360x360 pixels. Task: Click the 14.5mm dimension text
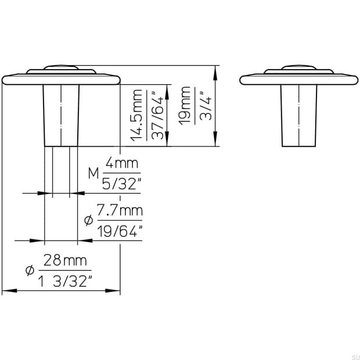click(137, 116)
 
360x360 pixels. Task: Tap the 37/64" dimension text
click(156, 116)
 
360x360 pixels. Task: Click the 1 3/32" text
click(66, 282)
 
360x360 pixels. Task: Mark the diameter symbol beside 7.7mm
click(89, 220)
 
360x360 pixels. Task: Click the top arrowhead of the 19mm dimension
click(216, 70)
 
